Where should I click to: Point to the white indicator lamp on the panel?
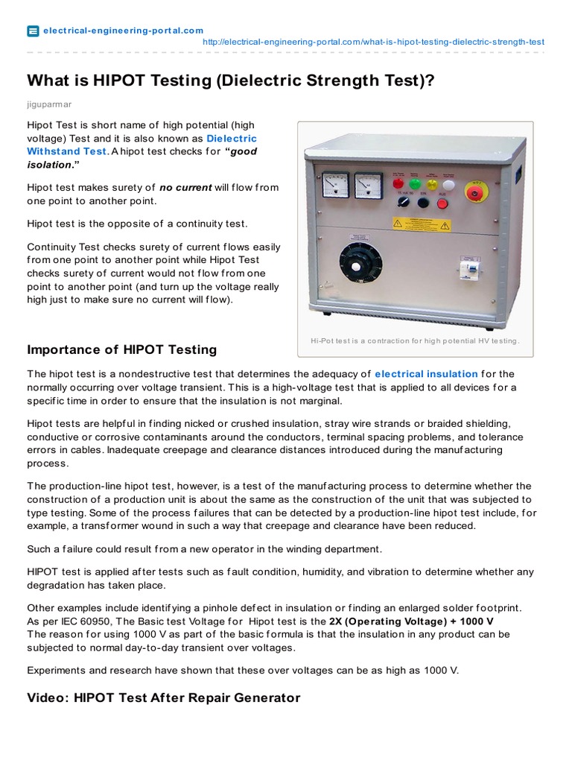(448, 183)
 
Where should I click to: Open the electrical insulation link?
(426, 374)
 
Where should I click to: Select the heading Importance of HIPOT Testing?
(121, 349)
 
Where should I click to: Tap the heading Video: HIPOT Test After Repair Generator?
(163, 698)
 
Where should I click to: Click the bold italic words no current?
(185, 188)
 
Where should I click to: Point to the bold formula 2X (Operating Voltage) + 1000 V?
(412, 621)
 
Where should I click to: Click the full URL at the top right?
(373, 42)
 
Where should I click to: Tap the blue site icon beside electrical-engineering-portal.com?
(33, 31)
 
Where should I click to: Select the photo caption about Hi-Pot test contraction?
(414, 341)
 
